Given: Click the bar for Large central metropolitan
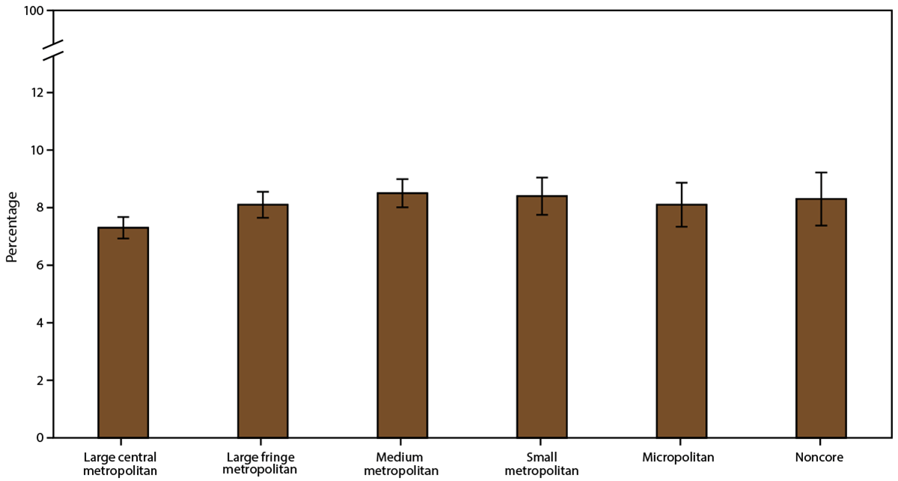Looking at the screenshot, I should click(123, 333).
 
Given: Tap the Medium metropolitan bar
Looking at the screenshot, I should click(402, 315).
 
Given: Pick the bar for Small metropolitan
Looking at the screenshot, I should click(542, 317).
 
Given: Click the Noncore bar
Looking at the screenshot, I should click(821, 318).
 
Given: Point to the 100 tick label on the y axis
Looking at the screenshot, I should click(34, 12).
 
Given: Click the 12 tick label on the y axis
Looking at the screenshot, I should click(37, 93).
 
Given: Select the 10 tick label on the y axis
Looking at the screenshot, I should click(37, 151).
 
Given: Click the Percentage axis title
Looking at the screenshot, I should click(12, 225).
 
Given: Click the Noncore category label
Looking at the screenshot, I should click(821, 457).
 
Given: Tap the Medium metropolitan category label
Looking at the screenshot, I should click(402, 463).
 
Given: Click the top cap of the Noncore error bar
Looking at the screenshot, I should click(821, 172).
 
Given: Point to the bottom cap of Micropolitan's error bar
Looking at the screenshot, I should click(682, 226).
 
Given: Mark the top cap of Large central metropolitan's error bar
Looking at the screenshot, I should click(123, 217).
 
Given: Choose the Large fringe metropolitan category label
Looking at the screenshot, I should click(263, 463).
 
